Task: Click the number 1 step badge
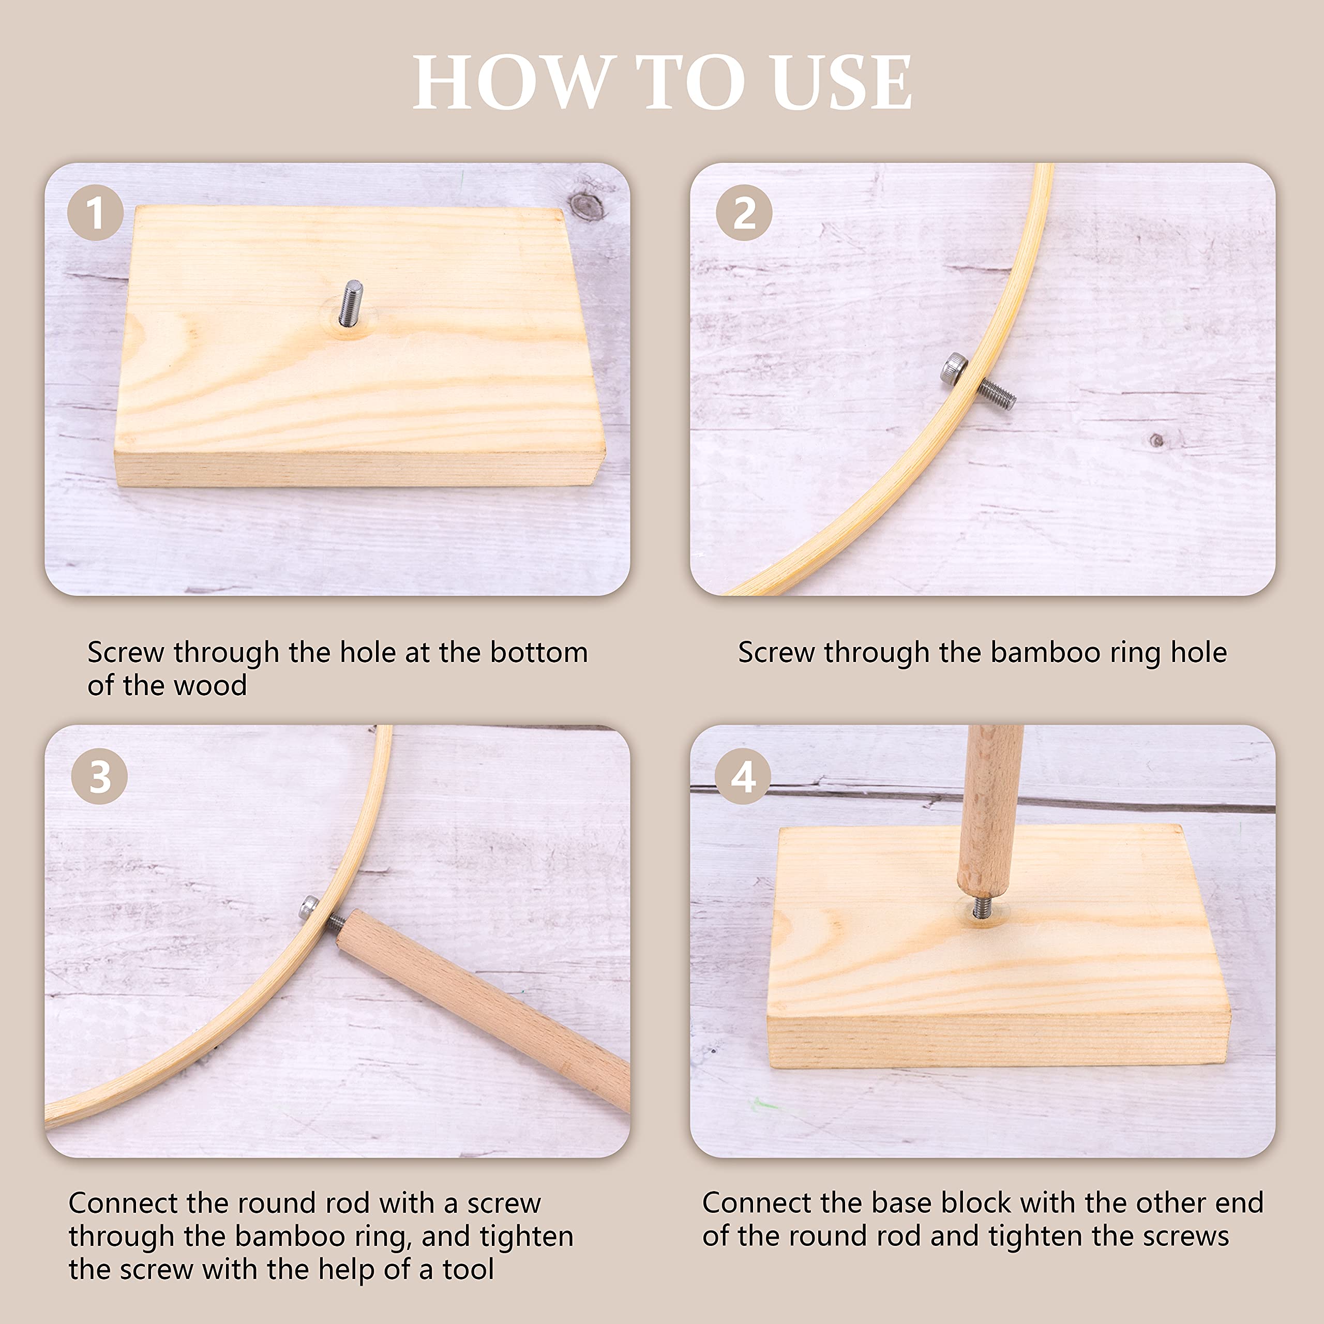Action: pyautogui.click(x=95, y=213)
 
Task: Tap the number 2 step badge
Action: pyautogui.click(x=744, y=213)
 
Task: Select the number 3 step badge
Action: pyautogui.click(x=99, y=776)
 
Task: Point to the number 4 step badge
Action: pyautogui.click(x=743, y=776)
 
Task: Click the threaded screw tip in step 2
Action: pyautogui.click(x=997, y=395)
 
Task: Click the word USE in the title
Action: pyautogui.click(x=841, y=82)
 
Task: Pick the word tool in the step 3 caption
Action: pyautogui.click(x=468, y=1269)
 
